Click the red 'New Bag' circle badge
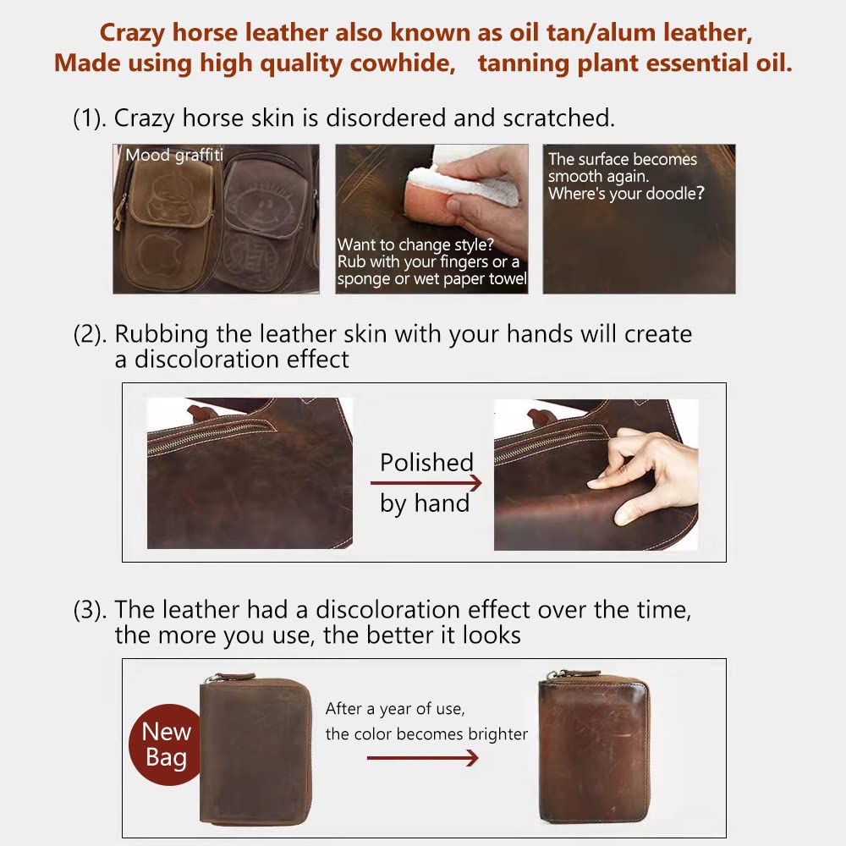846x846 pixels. pos(166,744)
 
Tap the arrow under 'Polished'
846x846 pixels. pos(426,483)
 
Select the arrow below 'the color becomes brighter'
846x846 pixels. pos(422,758)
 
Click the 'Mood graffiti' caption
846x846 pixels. pos(173,155)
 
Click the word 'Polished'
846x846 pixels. pos(426,463)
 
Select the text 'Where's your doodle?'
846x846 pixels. pos(626,193)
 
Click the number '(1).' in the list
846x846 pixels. pos(90,118)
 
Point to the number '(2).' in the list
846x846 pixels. pos(90,334)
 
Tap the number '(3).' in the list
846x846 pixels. pos(90,609)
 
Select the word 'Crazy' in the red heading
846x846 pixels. pos(136,33)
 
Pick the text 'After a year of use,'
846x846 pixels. pos(395,708)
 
